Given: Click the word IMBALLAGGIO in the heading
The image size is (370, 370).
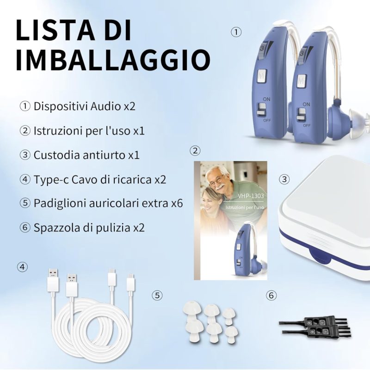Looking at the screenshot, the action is click(113, 59).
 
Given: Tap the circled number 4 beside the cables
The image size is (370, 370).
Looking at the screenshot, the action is click(22, 267).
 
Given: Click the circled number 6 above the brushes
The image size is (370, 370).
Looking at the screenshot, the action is click(271, 295).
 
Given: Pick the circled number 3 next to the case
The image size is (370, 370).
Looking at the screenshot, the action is click(284, 179).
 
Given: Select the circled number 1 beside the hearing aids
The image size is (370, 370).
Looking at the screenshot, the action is click(236, 32).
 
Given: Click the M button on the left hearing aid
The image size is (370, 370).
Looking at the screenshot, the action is click(261, 76).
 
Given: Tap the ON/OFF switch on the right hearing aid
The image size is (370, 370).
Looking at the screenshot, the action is click(301, 114).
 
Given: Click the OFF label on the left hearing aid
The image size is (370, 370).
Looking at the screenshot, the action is click(267, 121).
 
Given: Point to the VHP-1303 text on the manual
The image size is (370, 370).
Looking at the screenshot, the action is click(251, 196).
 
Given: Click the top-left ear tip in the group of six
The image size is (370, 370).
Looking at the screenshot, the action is click(192, 308).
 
